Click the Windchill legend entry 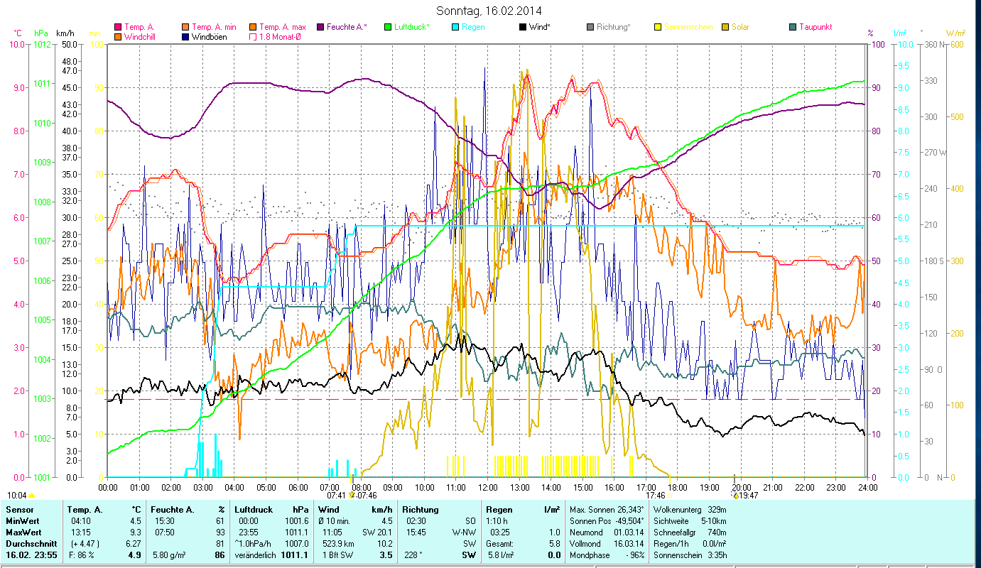point(141,36)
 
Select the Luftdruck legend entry point(411,27)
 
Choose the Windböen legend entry point(210,36)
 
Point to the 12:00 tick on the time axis point(488,487)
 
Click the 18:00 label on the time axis point(678,487)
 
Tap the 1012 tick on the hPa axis point(43,44)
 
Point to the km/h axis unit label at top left point(65,33)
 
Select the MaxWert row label point(22,532)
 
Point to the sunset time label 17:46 point(656,496)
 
